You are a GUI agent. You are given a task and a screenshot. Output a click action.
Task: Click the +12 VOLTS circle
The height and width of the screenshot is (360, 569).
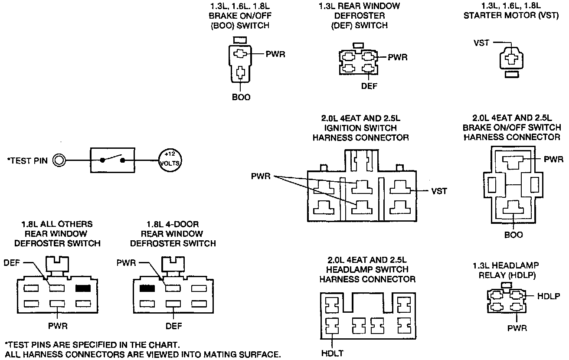(170, 160)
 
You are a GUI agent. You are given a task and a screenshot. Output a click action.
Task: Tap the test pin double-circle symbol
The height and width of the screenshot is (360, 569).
(59, 160)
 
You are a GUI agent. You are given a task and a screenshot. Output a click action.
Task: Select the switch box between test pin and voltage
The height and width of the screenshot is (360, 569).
(112, 160)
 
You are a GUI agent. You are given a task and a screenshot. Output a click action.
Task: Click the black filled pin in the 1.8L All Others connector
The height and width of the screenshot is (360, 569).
(83, 288)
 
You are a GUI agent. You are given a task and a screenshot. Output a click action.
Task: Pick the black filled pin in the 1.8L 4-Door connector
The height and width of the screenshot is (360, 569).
(147, 288)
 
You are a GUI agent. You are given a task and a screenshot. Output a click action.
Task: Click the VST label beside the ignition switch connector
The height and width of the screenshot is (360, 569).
(439, 191)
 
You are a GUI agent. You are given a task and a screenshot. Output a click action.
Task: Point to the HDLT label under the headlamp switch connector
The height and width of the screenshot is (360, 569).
(332, 353)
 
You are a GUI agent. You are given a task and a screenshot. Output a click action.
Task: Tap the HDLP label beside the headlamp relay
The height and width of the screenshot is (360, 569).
(549, 296)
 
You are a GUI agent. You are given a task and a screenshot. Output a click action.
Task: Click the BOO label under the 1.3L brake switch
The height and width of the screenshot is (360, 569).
(241, 97)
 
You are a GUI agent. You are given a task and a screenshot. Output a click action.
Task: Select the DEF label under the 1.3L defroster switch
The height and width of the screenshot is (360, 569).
(369, 86)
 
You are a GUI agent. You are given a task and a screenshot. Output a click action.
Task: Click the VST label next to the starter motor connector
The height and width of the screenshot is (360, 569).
(481, 43)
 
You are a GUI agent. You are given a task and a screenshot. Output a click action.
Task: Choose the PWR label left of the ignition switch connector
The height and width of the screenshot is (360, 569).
(261, 176)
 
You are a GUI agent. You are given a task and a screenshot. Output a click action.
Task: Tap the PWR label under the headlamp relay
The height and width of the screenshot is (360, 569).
(517, 328)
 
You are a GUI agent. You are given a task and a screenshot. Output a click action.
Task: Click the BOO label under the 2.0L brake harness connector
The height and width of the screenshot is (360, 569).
(513, 235)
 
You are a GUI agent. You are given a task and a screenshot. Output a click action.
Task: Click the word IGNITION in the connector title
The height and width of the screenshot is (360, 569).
(343, 128)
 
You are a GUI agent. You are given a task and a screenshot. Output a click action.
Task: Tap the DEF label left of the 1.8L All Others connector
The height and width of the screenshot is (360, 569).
(12, 263)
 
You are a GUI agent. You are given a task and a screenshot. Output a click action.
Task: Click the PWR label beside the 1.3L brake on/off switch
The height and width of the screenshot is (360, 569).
(275, 54)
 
